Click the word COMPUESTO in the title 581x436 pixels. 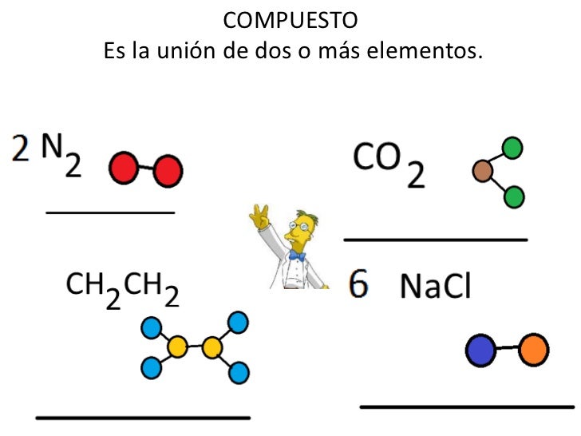point(290,19)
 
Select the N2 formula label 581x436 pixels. point(63,157)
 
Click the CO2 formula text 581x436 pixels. point(389,164)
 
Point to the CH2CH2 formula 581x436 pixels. point(122,289)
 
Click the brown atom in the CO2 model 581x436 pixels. point(482,171)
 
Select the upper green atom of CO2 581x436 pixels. point(512,148)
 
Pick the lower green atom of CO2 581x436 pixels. point(514,196)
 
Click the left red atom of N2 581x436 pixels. point(123,168)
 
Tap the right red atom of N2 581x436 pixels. point(168,170)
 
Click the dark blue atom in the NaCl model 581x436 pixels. point(480,351)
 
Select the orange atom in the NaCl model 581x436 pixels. point(533,349)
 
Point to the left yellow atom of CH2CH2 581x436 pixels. point(177,347)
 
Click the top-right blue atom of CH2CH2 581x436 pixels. point(238,323)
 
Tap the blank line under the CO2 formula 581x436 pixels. point(436,239)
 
